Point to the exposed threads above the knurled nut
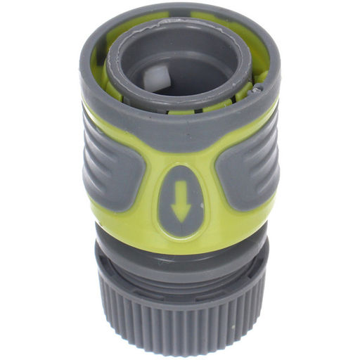[180, 271]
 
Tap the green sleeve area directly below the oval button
[180, 243]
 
